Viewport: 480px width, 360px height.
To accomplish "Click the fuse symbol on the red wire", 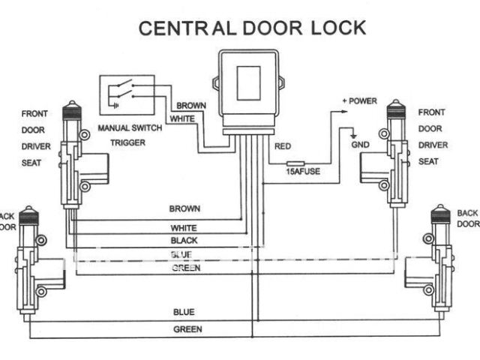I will (x=295, y=161).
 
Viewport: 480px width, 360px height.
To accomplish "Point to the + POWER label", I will (x=359, y=100).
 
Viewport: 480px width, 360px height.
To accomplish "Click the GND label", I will (x=360, y=144).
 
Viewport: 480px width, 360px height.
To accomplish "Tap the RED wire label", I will (x=283, y=147).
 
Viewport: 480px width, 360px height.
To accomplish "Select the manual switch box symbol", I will (x=127, y=94).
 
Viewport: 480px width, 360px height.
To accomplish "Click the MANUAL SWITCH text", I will (x=130, y=128).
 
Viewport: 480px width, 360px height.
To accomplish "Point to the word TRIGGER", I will (x=127, y=142).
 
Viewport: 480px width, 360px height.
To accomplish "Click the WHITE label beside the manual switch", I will (x=183, y=119).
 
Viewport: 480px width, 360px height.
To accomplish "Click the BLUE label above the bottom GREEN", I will (x=184, y=311).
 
